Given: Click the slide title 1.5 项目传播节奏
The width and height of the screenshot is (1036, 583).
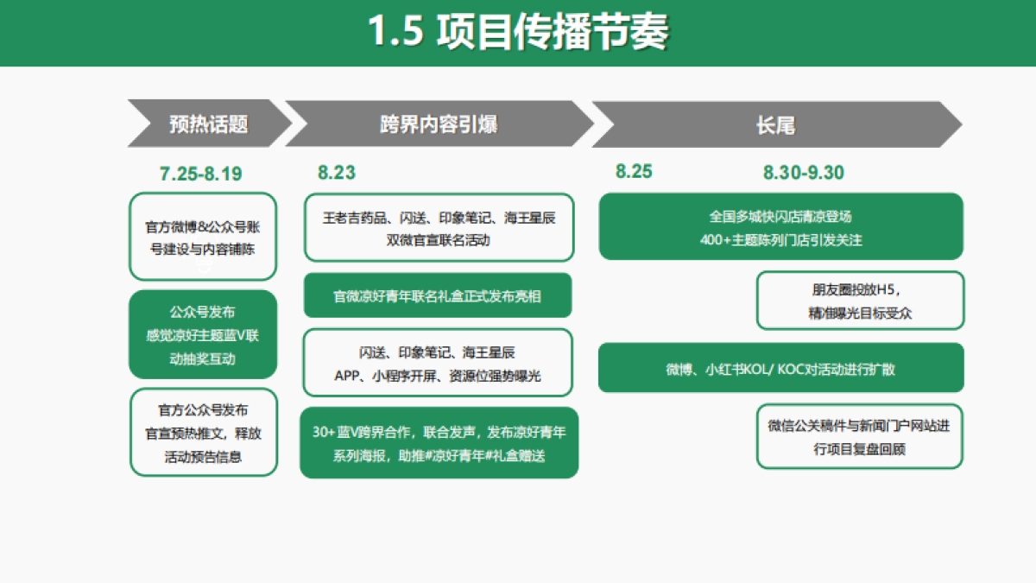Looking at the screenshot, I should click(518, 32).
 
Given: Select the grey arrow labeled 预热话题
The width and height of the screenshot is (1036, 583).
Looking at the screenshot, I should click(209, 124).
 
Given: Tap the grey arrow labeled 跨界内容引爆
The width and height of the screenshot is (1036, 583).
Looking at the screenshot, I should click(438, 124).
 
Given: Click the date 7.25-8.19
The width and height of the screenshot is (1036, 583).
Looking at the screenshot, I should click(201, 174).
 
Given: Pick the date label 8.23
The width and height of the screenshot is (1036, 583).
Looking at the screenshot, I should click(337, 173).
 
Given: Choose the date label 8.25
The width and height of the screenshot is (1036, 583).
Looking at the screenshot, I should click(634, 171).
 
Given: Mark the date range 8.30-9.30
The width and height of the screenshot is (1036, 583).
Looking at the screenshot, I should click(803, 172).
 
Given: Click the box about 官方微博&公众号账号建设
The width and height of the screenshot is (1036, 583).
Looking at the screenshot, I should click(203, 237).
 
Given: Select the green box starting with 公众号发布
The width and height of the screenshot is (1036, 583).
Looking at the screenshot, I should click(203, 334).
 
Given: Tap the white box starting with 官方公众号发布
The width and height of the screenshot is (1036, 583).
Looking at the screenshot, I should click(203, 432).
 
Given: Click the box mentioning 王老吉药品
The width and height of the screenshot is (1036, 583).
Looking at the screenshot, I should click(439, 227).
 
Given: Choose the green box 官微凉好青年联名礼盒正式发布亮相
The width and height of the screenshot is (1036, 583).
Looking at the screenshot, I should click(438, 295).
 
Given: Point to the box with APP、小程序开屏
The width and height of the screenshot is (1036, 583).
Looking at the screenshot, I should click(438, 364).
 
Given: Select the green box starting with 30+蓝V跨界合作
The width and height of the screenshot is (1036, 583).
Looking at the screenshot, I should click(439, 442).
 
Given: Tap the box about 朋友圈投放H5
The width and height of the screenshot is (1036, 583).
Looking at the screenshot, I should click(860, 301).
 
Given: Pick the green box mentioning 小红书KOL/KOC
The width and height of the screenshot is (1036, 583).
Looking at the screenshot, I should click(780, 368).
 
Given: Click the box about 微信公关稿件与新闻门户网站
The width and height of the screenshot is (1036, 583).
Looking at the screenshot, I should click(860, 436).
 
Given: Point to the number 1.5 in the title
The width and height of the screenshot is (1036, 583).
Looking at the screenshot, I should click(395, 33).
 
